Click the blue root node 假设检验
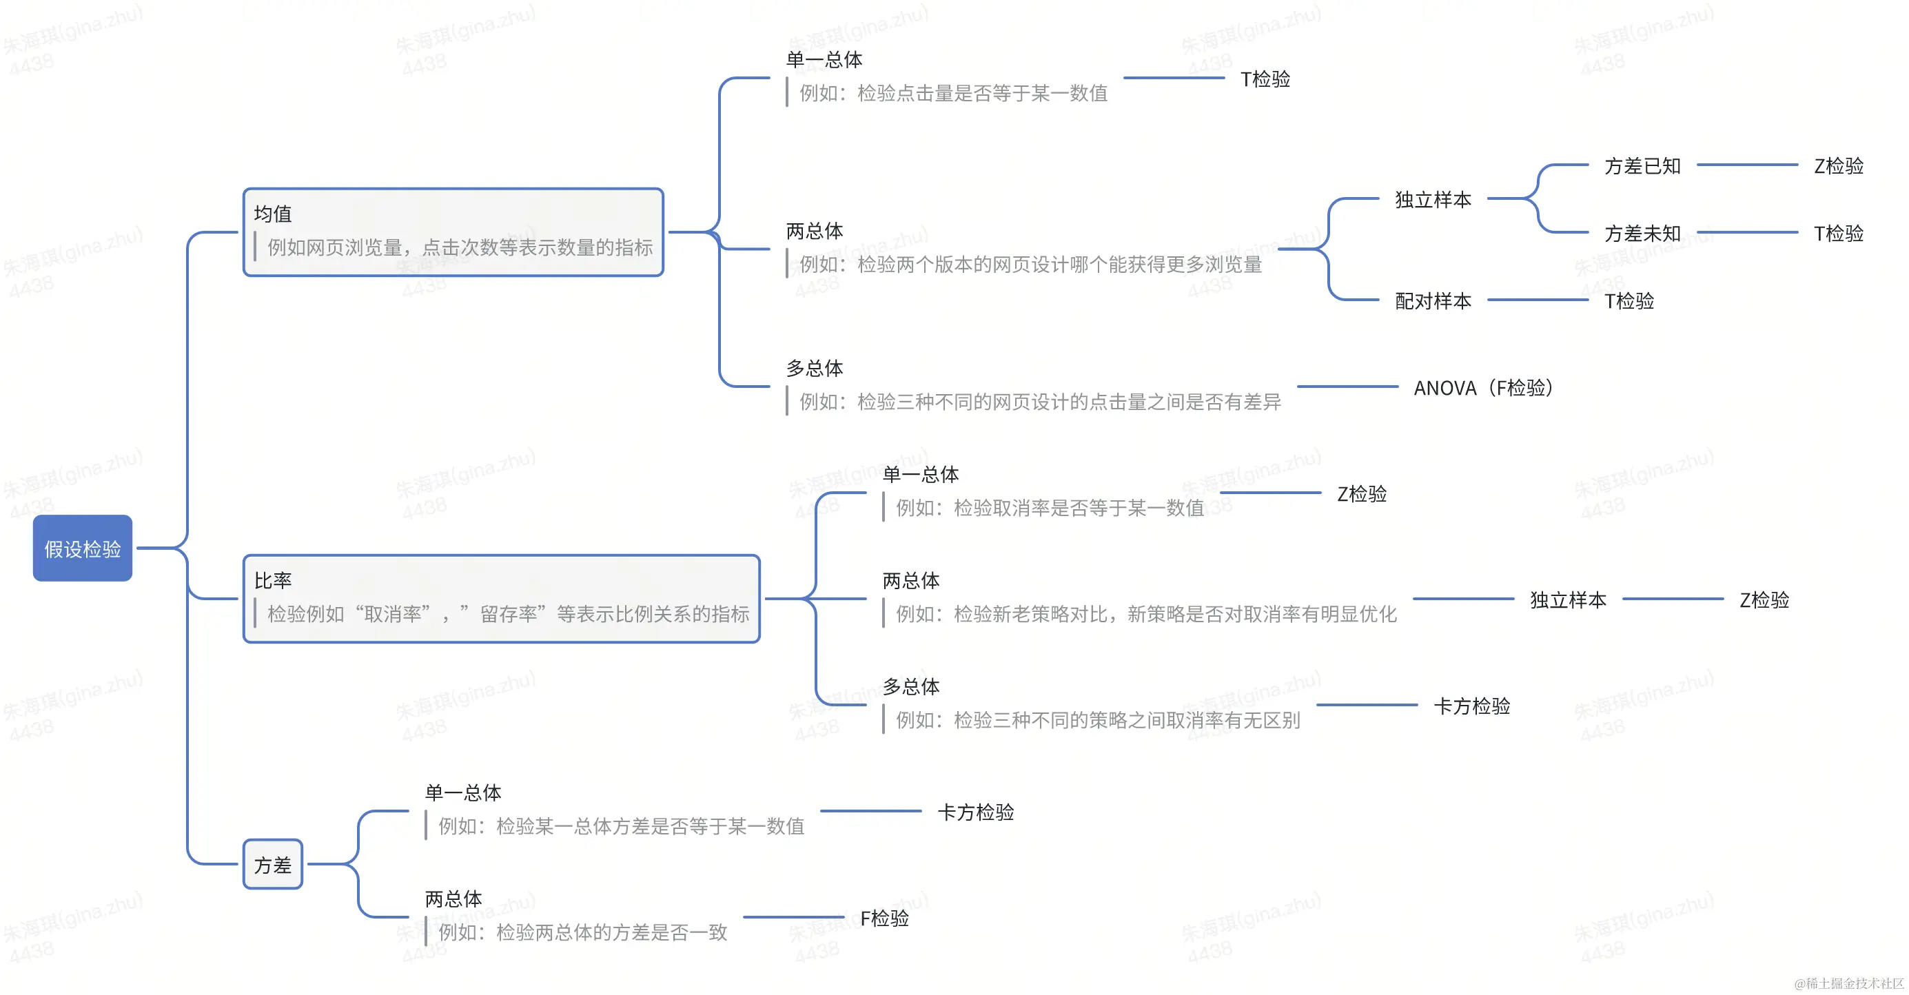point(82,548)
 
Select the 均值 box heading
point(273,214)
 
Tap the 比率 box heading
point(273,581)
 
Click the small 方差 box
point(273,865)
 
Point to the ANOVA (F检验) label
point(1483,387)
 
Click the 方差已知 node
point(1642,166)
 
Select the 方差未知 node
point(1642,234)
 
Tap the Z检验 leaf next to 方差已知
point(1838,166)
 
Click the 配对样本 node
point(1433,301)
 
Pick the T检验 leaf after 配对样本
point(1629,301)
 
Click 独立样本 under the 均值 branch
point(1433,199)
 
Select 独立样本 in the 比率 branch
point(1568,599)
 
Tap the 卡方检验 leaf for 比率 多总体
point(1472,706)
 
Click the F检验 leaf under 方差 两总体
point(884,918)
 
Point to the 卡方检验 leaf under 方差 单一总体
point(975,812)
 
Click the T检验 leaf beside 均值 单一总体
point(1265,79)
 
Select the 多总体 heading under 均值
point(815,368)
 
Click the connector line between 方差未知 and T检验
point(1748,233)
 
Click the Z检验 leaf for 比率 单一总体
point(1361,494)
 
